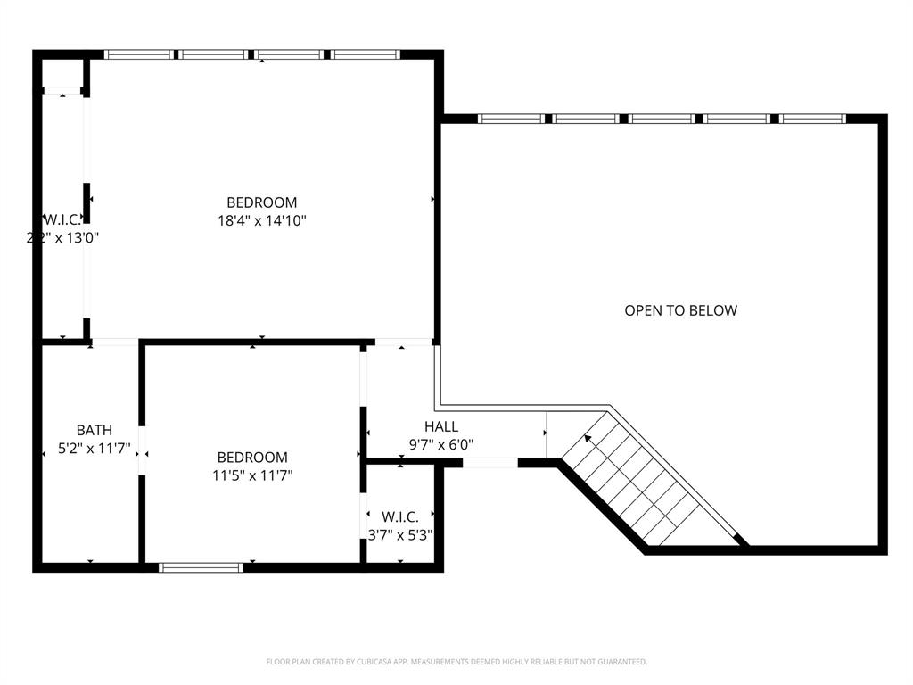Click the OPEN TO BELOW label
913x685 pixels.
pyautogui.click(x=680, y=310)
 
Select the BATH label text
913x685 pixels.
pyautogui.click(x=94, y=430)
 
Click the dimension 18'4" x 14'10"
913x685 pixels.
pyautogui.click(x=261, y=220)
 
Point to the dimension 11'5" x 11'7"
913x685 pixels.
pyautogui.click(x=252, y=475)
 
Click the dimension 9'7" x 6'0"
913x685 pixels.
pyautogui.click(x=441, y=443)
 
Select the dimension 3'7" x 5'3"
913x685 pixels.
pyautogui.click(x=400, y=534)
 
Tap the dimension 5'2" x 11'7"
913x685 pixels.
pyautogui.click(x=94, y=449)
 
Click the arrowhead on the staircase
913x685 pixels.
pyautogui.click(x=588, y=438)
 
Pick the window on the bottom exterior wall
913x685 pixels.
pyautogui.click(x=201, y=567)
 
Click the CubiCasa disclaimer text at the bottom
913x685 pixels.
pyautogui.click(x=456, y=662)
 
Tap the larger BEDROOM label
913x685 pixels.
pyautogui.click(x=261, y=202)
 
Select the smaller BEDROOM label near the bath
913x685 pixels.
pyautogui.click(x=252, y=458)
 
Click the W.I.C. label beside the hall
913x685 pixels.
pyautogui.click(x=400, y=517)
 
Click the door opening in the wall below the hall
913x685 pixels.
pyautogui.click(x=489, y=462)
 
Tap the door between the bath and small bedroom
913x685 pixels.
pyautogui.click(x=142, y=456)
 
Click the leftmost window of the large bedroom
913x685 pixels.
pyautogui.click(x=138, y=54)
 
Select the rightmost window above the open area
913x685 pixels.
pyautogui.click(x=812, y=119)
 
